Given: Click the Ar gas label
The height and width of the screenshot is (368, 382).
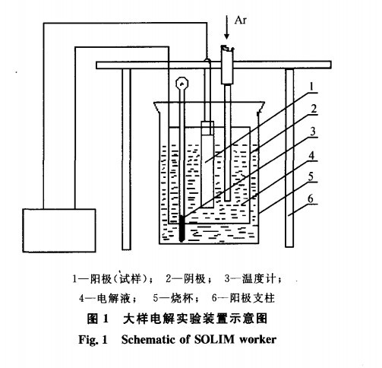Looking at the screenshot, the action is click(240, 20).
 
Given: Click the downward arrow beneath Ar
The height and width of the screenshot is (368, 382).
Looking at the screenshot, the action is click(227, 27).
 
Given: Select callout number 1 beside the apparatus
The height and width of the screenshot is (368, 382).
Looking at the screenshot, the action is click(312, 87).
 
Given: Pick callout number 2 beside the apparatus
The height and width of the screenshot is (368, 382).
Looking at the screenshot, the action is click(314, 109).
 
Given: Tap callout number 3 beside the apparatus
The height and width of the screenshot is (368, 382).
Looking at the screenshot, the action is click(313, 132).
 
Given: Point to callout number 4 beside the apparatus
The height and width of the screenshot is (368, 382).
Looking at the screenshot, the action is click(312, 155).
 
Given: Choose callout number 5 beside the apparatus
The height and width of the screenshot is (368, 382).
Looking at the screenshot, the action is click(311, 176).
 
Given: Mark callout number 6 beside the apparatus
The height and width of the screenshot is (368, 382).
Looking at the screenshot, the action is click(311, 199).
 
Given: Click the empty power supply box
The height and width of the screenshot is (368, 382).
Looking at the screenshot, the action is click(59, 230).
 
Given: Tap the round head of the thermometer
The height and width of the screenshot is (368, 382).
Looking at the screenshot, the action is click(182, 83).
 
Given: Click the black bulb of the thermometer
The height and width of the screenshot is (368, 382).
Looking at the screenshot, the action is click(182, 229).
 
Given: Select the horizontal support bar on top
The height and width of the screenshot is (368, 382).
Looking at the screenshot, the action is click(213, 65).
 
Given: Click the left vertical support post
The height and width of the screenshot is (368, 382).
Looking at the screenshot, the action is click(126, 159).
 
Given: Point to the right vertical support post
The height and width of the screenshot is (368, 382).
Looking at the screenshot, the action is click(289, 157).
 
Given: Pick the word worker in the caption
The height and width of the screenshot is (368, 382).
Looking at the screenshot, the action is click(257, 340).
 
